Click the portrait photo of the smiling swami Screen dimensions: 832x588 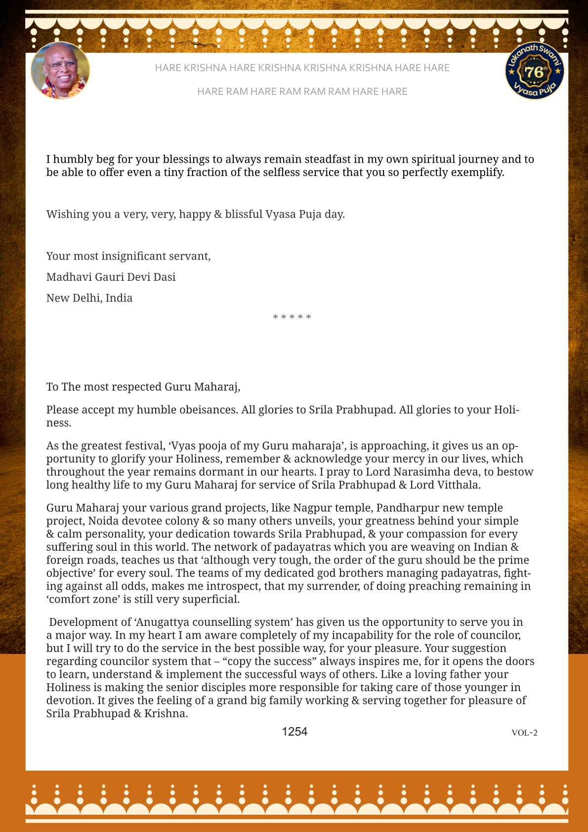click(60, 71)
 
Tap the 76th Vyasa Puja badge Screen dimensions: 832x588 click(535, 71)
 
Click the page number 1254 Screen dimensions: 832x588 click(294, 732)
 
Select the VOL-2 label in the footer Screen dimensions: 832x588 click(524, 733)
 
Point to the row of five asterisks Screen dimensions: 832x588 click(292, 317)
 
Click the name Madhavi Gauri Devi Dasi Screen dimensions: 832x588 click(111, 277)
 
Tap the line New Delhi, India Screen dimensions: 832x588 click(89, 298)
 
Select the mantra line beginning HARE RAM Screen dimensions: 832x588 click(302, 91)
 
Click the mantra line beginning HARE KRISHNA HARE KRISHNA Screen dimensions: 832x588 click(302, 68)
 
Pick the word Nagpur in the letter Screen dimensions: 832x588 click(312, 508)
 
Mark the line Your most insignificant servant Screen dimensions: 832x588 click(128, 256)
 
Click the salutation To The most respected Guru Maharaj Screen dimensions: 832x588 click(143, 387)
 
